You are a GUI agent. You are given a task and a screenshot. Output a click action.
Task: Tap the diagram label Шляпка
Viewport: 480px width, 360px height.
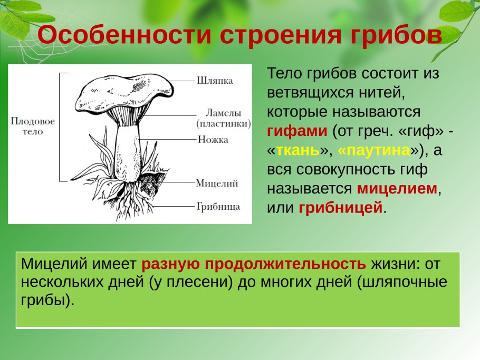coord(214,81)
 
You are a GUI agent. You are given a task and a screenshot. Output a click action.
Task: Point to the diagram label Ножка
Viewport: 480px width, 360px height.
coord(213,140)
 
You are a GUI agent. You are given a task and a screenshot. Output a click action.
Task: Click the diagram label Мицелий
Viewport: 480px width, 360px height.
coord(217,183)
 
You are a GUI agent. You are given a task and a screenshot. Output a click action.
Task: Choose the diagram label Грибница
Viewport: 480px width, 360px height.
coord(218,206)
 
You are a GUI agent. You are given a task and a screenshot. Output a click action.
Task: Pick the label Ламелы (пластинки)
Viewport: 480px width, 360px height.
coord(223,118)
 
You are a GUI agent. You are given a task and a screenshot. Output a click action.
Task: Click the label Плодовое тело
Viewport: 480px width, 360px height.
coord(33,126)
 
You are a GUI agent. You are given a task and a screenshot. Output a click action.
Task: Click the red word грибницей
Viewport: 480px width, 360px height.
coord(340,208)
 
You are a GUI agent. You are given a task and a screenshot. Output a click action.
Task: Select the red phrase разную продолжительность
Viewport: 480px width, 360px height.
coord(253,264)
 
